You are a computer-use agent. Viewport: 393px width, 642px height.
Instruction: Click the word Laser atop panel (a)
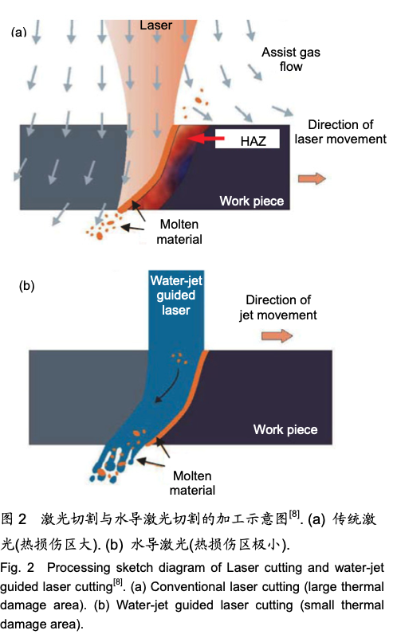[155, 25]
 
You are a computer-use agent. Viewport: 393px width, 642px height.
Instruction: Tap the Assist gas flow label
[291, 60]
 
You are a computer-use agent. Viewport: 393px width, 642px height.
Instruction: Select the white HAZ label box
[247, 139]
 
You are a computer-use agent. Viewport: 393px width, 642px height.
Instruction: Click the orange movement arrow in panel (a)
[312, 178]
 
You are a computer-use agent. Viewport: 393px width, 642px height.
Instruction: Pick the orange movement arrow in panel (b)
[277, 336]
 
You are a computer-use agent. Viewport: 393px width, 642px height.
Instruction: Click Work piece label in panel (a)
[252, 201]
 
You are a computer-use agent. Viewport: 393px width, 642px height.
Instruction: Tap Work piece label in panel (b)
[285, 429]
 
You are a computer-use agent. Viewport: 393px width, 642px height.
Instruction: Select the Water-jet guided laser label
[176, 296]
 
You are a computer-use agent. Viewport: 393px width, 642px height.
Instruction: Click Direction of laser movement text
[340, 132]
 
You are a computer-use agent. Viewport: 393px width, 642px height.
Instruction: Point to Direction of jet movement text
[278, 307]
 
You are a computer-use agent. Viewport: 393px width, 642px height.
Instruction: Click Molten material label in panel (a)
[179, 232]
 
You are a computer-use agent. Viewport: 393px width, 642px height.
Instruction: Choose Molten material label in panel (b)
[192, 483]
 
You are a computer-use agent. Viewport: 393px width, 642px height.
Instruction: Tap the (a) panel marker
[19, 32]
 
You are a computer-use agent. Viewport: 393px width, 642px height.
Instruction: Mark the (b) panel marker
[26, 286]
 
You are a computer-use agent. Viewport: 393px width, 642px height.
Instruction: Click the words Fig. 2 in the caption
[18, 568]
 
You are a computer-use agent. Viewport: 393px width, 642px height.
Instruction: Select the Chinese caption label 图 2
[14, 519]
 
